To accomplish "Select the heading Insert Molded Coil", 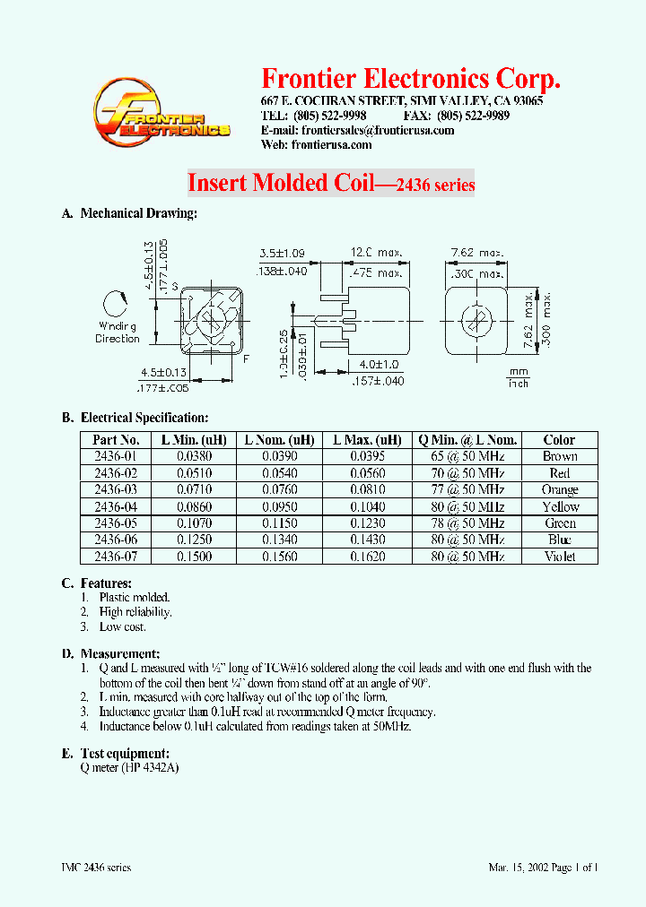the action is click(x=279, y=183).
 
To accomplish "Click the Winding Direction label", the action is click(x=118, y=333).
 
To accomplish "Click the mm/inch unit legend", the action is click(x=518, y=376).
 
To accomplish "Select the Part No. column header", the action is click(x=116, y=440).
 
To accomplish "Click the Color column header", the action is click(x=559, y=440).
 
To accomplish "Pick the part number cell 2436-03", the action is click(x=116, y=490).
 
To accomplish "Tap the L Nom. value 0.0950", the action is click(x=282, y=507).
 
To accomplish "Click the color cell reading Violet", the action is click(x=559, y=557).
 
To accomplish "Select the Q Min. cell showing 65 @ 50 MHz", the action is click(x=467, y=457).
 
